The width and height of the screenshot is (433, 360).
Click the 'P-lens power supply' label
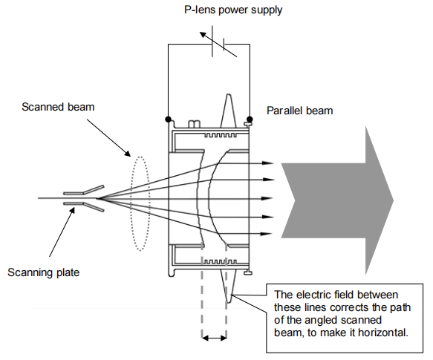(x=233, y=10)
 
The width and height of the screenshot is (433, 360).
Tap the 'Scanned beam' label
(x=58, y=107)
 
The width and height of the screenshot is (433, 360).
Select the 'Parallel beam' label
(x=299, y=111)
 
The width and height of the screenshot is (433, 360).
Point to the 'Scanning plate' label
(x=44, y=272)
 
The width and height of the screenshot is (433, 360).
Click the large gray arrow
(x=337, y=200)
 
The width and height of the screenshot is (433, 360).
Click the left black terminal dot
(x=168, y=120)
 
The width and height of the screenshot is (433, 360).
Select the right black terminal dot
(x=250, y=120)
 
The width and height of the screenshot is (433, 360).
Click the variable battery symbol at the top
(x=218, y=42)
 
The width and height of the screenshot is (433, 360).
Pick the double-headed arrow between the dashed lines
(x=215, y=338)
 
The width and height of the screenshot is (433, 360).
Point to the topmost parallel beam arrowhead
(x=267, y=163)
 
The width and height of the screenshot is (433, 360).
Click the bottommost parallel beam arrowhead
(x=267, y=234)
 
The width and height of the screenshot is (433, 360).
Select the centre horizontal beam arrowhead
(x=267, y=198)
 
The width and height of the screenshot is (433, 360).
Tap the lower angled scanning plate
(x=94, y=207)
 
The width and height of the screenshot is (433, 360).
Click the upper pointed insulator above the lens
(x=228, y=111)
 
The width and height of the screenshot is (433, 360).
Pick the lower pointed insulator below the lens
(x=228, y=286)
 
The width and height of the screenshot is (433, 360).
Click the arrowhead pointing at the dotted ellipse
(x=127, y=153)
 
